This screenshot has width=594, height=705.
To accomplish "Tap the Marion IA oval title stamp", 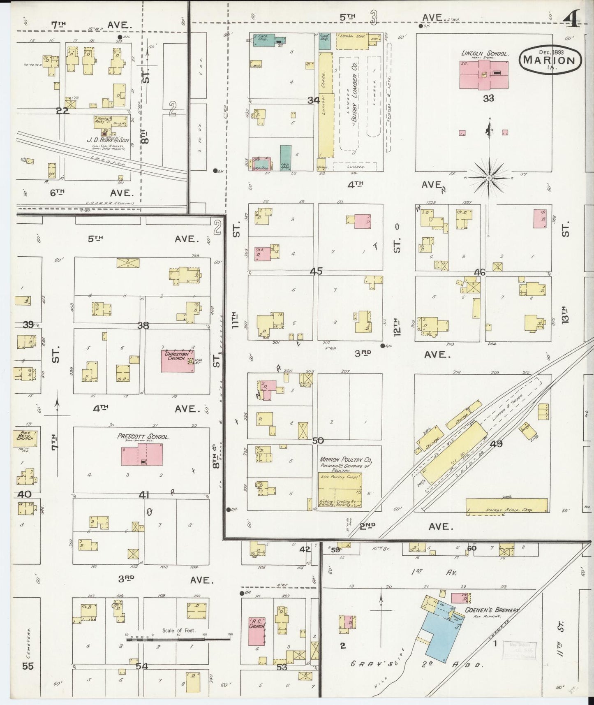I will (x=550, y=59).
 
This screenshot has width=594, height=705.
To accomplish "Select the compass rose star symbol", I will (x=489, y=177).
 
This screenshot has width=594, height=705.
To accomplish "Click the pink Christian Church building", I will (x=178, y=361).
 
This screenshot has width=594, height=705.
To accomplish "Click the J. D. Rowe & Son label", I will (x=108, y=140).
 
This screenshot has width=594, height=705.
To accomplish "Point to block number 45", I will (x=316, y=271).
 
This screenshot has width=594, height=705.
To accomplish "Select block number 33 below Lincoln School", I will (x=488, y=98).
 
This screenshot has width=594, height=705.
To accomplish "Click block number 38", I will (x=143, y=325).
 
